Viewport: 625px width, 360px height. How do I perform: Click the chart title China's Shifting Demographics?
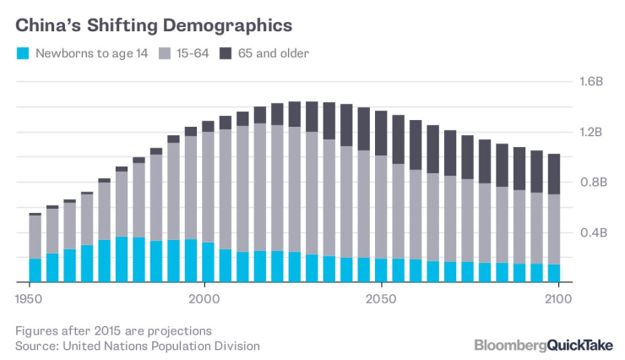coord(155,23)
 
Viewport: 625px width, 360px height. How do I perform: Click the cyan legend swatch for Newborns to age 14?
coord(24,53)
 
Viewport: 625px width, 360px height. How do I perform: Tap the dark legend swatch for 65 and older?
coord(226,53)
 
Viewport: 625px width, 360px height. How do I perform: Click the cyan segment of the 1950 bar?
coord(35,270)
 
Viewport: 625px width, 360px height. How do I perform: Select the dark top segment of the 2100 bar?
coord(554,174)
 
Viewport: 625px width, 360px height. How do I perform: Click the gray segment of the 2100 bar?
coord(554,229)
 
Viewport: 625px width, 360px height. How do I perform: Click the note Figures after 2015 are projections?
coord(113,330)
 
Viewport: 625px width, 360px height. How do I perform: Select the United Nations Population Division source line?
coord(138,346)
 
